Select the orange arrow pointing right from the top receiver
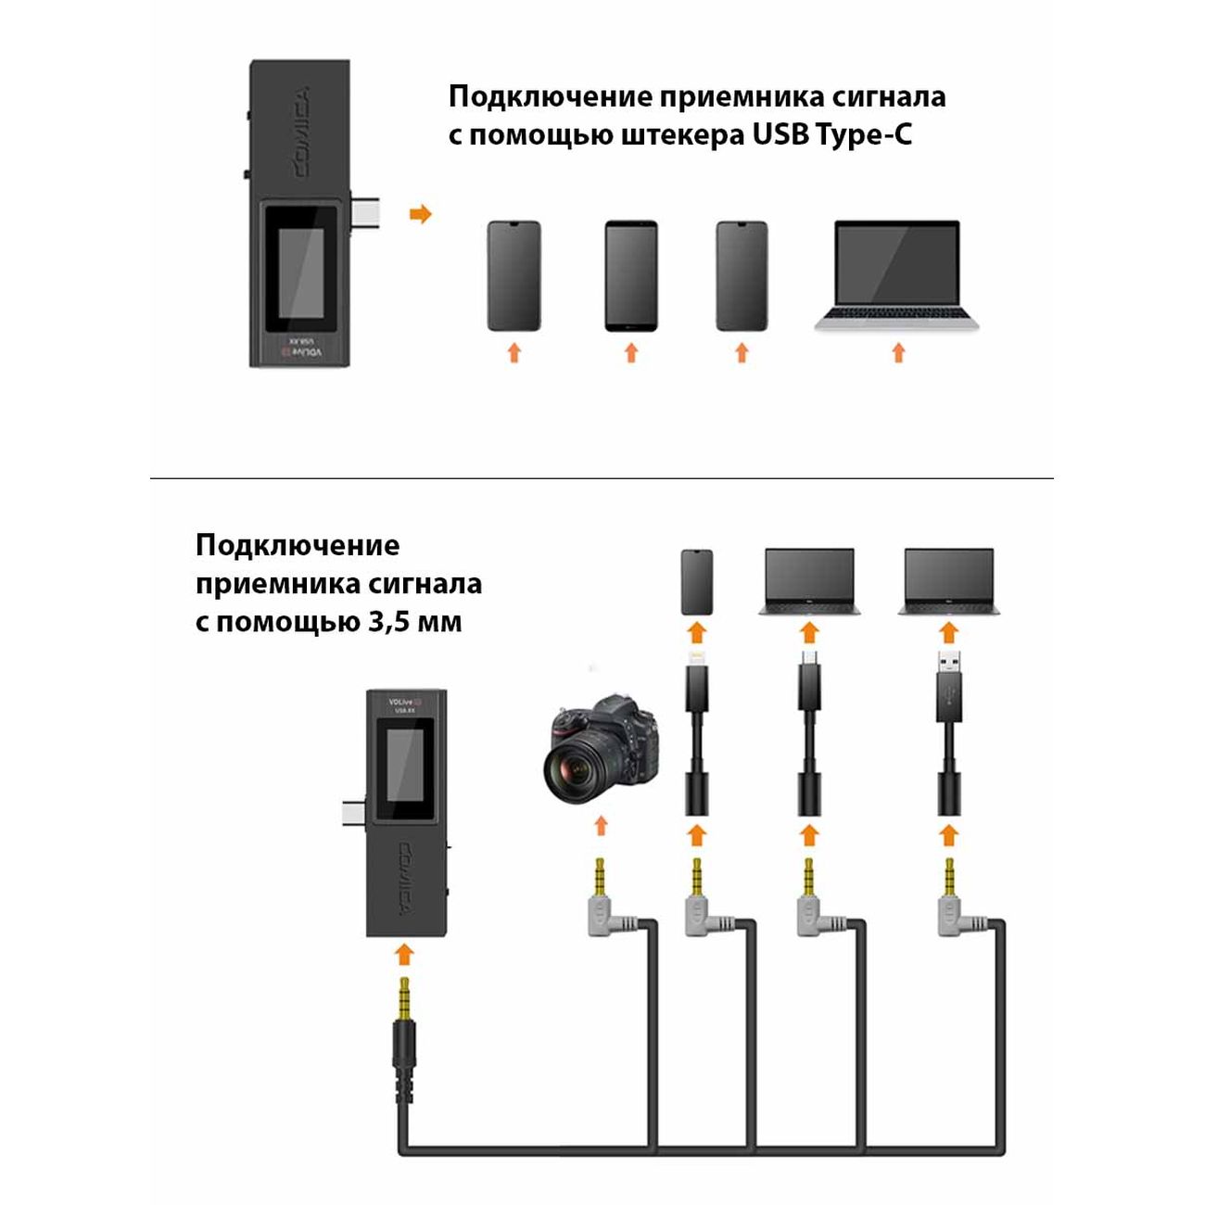[421, 214]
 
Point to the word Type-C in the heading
[864, 135]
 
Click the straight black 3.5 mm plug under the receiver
[403, 1029]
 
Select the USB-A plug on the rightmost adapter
[948, 673]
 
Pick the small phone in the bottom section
[696, 582]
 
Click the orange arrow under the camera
[601, 825]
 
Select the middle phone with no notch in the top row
[630, 275]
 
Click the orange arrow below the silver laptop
[897, 353]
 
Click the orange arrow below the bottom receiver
[403, 956]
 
